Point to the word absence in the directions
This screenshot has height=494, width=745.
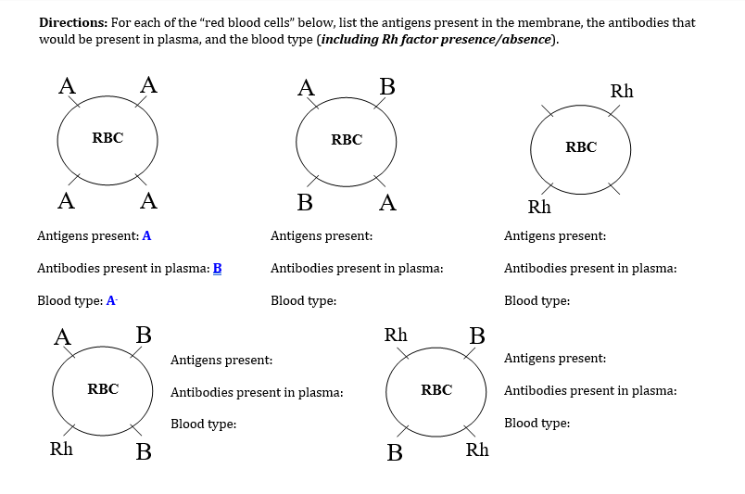524,39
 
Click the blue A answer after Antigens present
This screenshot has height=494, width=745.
146,236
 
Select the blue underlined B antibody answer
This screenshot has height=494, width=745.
218,269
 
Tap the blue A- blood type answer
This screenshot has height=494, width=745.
112,301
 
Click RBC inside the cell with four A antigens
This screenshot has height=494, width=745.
107,138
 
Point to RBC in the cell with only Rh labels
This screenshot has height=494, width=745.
581,147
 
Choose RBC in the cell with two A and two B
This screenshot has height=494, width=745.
347,140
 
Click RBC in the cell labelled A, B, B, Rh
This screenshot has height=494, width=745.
103,389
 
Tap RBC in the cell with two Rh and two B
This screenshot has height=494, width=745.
436,390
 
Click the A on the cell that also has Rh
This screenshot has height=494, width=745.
63,336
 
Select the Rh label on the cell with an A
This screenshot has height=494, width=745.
61,450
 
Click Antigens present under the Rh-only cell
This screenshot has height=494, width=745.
555,236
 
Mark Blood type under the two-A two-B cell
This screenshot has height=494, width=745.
303,301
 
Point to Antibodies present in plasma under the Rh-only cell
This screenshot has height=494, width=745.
590,269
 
